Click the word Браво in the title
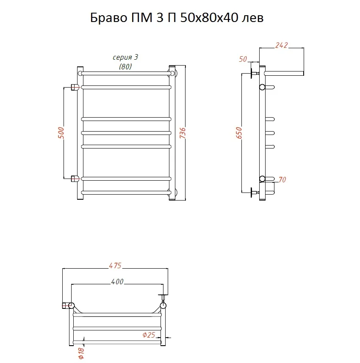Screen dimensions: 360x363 click(108, 18)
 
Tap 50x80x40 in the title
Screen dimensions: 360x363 click(209, 18)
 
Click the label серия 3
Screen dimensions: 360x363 click(125, 57)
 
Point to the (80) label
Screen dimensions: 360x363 click(125, 67)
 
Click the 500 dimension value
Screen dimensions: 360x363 click(61, 133)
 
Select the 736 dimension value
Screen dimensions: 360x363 click(183, 133)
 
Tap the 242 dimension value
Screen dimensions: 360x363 click(281, 45)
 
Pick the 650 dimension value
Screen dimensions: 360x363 click(239, 133)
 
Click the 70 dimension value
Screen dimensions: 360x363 click(282, 180)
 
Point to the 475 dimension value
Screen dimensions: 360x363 click(115, 266)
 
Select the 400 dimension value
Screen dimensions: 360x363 click(117, 281)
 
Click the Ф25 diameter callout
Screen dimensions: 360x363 click(149, 335)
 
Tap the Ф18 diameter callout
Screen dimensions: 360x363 click(81, 353)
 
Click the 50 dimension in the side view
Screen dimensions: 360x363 click(243, 59)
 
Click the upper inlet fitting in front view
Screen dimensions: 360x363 click(74, 87)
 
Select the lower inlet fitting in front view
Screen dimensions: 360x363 click(74, 179)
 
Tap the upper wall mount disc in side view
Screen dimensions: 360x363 click(252, 73)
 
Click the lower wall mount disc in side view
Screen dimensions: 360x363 click(252, 192)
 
